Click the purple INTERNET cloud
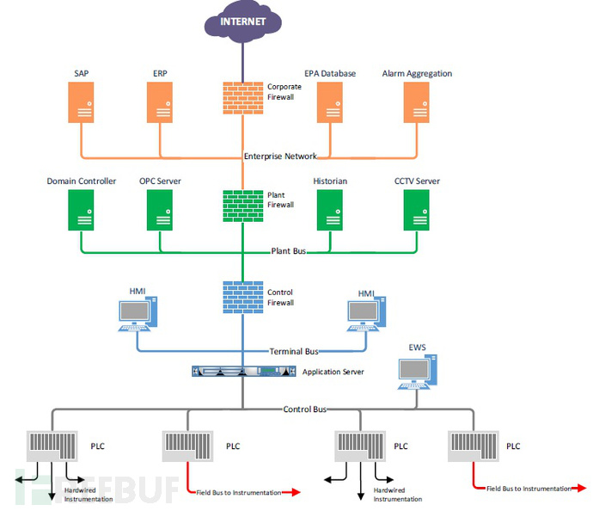243,22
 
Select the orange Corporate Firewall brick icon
243,98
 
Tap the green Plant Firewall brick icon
243,206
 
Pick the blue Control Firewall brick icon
243,297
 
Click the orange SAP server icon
81,102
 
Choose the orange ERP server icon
160,102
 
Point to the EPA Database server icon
330,102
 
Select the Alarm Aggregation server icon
416,102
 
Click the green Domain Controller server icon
81,210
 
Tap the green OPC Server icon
160,210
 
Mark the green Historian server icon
330,210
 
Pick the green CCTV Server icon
416,210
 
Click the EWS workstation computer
418,372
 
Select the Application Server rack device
244,372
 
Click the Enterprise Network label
280,156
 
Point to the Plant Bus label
289,250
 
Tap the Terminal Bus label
294,351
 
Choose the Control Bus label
305,409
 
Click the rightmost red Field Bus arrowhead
580,489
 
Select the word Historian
330,181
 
